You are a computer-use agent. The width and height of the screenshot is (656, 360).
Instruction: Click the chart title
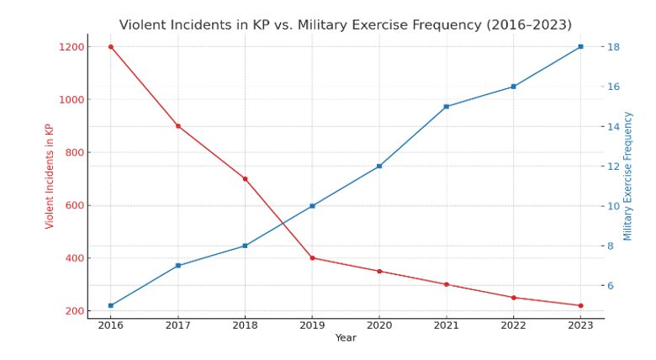345,25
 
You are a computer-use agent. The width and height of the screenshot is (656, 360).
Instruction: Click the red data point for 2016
110,46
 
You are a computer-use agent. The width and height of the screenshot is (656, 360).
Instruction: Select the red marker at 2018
245,179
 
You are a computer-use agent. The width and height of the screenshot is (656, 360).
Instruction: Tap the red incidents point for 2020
379,271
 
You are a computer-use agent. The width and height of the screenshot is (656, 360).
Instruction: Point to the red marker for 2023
580,305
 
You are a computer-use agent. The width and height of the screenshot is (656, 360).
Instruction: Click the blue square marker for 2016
110,305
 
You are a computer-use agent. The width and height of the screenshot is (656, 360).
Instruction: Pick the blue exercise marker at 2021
447,107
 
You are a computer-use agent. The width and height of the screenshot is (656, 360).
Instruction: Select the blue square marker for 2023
580,46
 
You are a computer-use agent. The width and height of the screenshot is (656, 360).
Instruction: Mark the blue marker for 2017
177,266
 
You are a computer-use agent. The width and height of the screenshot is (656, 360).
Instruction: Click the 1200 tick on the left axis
71,47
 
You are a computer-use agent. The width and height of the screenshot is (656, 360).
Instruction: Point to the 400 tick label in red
74,258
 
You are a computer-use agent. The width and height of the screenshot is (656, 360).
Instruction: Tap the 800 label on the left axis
74,152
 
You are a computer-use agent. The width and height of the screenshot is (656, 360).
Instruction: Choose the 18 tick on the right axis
614,47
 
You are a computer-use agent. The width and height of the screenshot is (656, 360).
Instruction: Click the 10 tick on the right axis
614,206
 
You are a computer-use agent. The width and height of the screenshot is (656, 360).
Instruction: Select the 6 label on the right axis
611,286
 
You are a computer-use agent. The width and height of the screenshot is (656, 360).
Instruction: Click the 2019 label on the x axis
312,326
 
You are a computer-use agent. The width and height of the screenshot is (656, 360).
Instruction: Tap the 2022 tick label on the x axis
513,326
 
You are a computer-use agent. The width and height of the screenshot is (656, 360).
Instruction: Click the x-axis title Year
346,338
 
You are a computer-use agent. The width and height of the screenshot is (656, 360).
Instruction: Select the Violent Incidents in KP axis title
50,176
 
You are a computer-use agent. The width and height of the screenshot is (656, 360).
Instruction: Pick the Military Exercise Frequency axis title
628,176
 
